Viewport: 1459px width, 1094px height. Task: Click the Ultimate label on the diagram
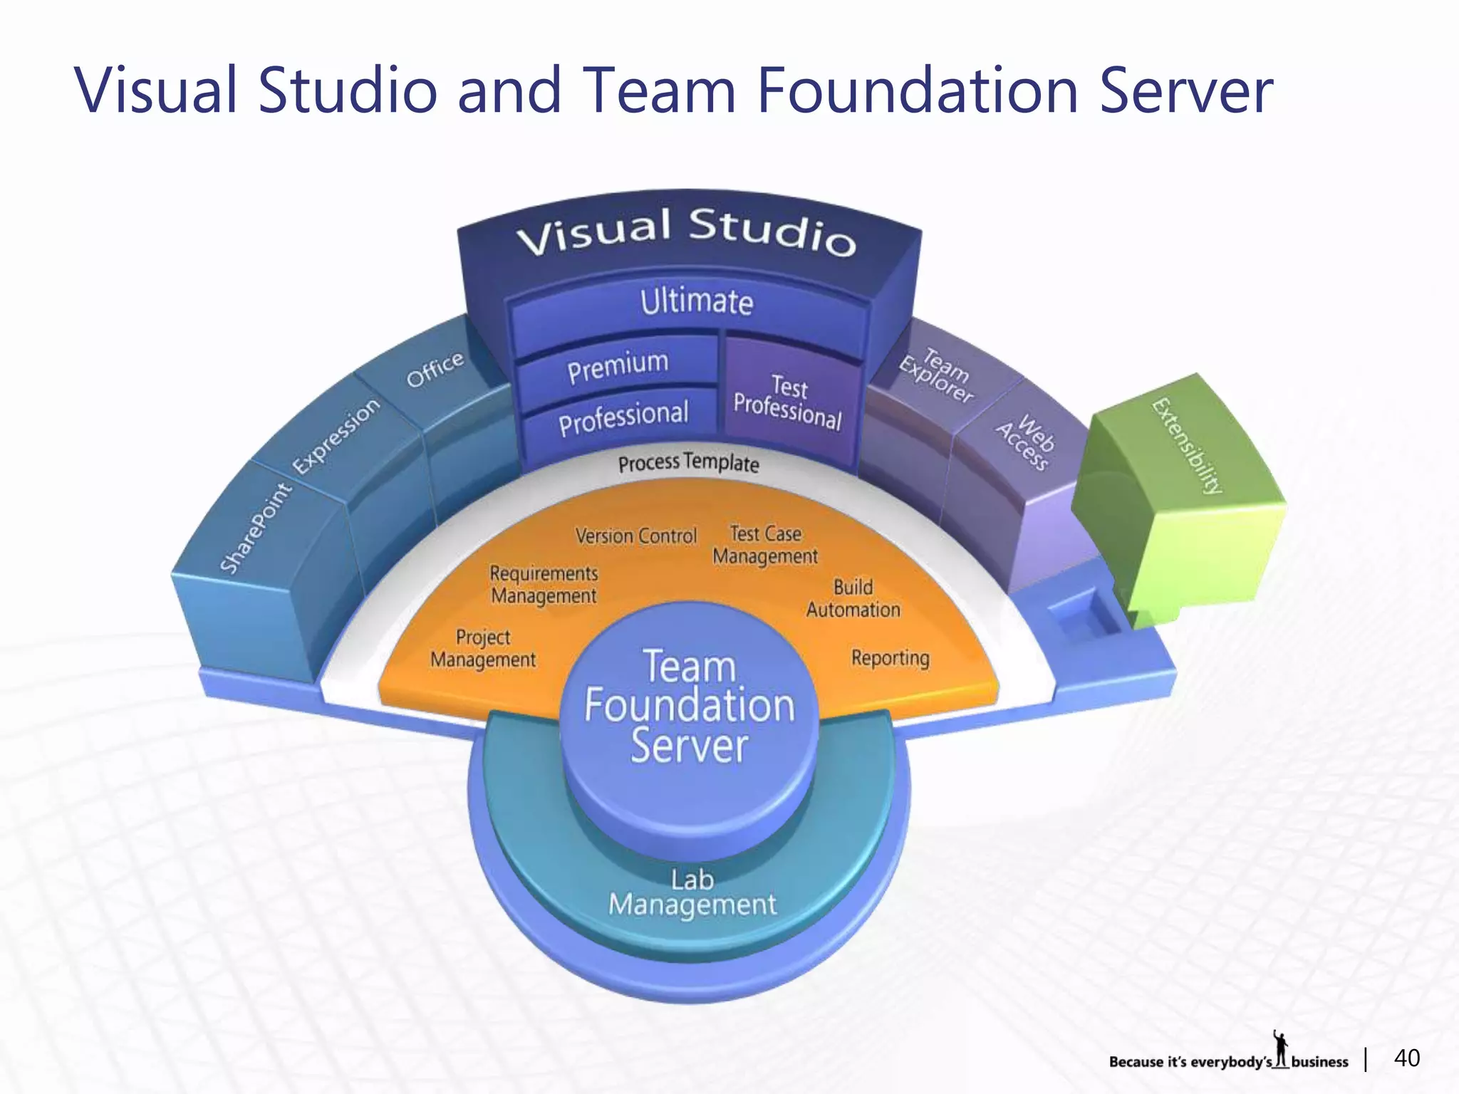pos(696,302)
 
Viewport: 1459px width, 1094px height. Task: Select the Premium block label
pos(618,366)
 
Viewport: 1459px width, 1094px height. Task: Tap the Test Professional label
pos(788,402)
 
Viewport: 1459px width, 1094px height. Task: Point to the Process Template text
pos(688,463)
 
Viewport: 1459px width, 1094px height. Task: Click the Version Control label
pos(636,536)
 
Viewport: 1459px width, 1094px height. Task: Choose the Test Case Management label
pos(765,545)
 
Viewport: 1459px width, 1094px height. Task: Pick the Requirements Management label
pos(544,584)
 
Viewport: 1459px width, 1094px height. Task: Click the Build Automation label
pos(853,598)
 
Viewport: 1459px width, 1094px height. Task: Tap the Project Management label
pos(483,648)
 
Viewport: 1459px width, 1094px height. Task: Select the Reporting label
pos(890,657)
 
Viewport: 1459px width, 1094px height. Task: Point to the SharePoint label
pos(256,527)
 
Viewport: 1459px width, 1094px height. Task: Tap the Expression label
pos(336,435)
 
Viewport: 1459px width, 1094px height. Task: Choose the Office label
pos(435,369)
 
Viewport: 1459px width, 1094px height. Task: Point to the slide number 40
pos(1406,1058)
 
